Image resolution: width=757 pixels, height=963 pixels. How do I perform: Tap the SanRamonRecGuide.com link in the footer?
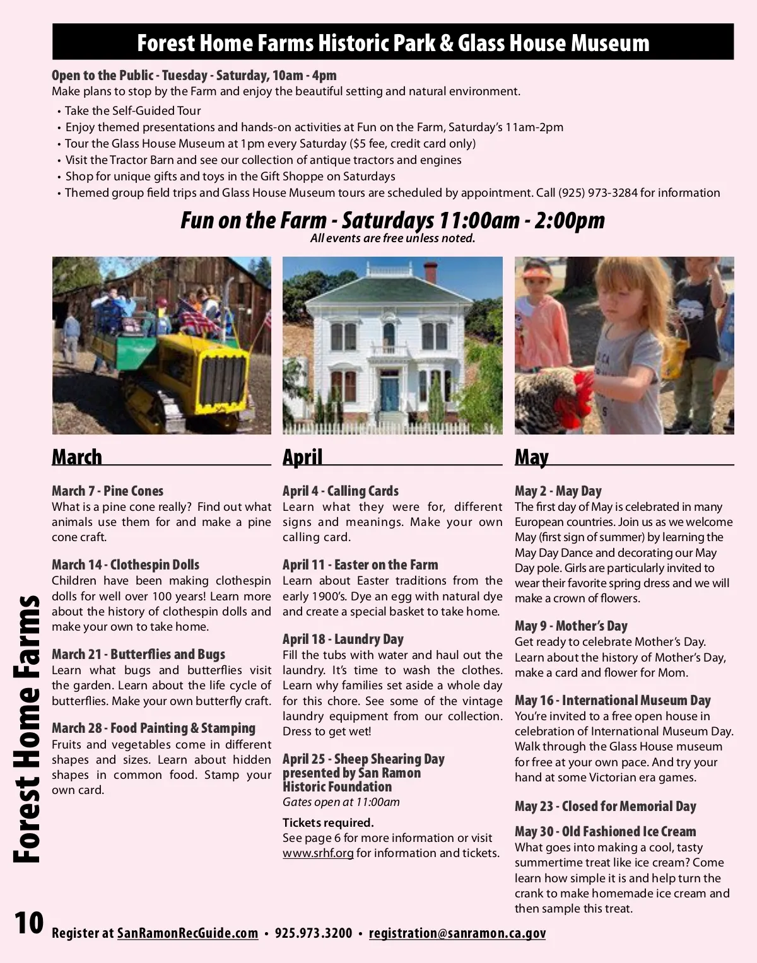pos(187,933)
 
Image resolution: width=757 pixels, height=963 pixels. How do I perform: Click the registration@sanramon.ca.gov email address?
pos(457,933)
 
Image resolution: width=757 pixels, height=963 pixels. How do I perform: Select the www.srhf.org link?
pos(317,853)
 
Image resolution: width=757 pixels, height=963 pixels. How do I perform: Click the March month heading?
pos(77,457)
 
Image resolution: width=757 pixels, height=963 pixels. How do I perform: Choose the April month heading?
pos(302,457)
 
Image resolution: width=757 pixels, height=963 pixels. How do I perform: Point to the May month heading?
pos(531,457)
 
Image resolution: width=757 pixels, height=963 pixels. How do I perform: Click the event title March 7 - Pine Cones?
pos(107,491)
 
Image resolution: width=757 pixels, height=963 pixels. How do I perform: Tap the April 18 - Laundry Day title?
pos(343,639)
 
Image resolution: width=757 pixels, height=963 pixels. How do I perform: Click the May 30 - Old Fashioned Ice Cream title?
pos(605,832)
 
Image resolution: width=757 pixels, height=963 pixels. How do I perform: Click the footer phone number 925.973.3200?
pos(314,933)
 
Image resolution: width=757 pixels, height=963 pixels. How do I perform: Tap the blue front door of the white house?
pos(389,392)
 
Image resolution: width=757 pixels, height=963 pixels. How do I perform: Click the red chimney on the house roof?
pos(430,272)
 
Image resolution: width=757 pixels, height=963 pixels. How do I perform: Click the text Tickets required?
pos(328,823)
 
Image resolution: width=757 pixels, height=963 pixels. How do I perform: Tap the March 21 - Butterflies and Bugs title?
pos(138,655)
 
